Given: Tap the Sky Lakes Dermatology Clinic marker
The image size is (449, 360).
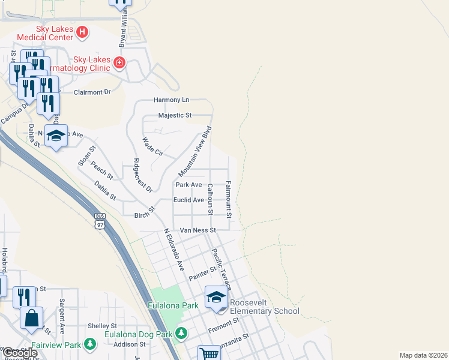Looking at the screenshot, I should pos(119,62).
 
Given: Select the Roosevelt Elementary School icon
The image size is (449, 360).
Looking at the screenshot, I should pos(216,297).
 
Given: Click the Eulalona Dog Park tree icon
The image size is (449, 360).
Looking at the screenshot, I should pos(181,333).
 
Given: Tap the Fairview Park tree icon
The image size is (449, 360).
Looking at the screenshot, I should pos(89,344).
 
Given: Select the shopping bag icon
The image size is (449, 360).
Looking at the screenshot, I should pos(31,318).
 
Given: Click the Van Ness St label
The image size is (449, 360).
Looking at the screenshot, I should pos(197,230).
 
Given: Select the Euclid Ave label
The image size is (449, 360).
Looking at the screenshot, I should pos(188,200).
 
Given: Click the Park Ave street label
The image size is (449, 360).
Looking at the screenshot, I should pos(189,185).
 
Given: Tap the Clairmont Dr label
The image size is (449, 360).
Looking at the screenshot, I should pos(92,92).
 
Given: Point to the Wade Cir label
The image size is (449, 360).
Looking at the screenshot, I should pos(152,147).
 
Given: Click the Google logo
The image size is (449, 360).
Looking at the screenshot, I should pos(20,353).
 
